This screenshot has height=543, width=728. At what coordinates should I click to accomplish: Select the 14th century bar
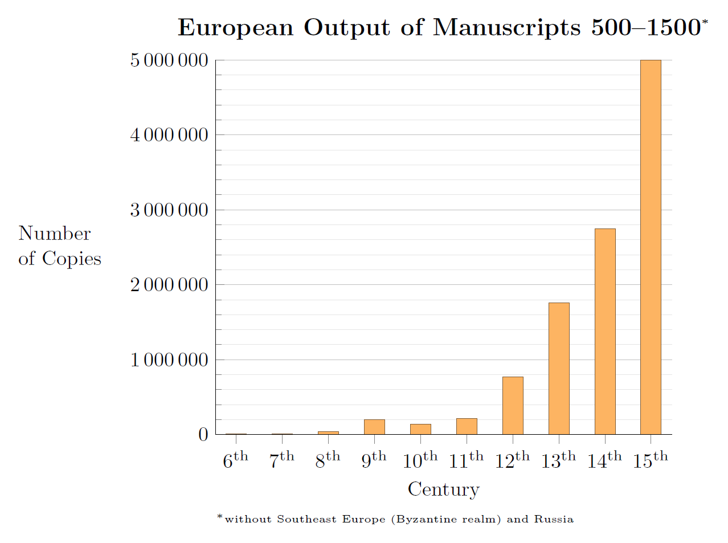coord(605,331)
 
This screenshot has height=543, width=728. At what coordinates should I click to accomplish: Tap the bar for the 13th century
coord(559,368)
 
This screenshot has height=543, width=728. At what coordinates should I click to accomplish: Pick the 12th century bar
coord(513,405)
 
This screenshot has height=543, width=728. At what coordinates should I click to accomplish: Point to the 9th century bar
coord(374,427)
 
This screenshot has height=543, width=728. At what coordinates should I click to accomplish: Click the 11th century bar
coord(467,426)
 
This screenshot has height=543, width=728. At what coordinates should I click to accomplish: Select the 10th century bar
coord(420,429)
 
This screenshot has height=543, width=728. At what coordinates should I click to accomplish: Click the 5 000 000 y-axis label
coord(169,60)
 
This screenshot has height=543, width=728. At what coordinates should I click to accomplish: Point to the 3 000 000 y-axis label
coord(169,210)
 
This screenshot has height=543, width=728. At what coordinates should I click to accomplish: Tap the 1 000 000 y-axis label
coord(169,360)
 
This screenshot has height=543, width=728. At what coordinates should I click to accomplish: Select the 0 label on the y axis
coord(203,434)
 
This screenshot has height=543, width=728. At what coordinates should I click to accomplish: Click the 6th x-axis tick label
coord(235,460)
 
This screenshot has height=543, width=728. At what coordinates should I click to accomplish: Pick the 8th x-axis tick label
coord(328,460)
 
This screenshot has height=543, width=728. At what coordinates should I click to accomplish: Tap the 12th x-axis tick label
coord(512,460)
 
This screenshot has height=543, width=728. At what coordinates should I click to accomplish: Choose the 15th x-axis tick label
coord(651,460)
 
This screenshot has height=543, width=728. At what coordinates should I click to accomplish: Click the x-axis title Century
coord(444,489)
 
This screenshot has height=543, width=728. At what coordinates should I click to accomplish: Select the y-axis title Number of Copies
coord(59,246)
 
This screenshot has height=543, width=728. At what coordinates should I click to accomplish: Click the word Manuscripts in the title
coord(507,27)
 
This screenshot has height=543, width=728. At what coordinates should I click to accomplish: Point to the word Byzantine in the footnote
coord(418,519)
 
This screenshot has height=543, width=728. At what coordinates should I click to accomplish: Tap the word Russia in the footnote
coord(554,519)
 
